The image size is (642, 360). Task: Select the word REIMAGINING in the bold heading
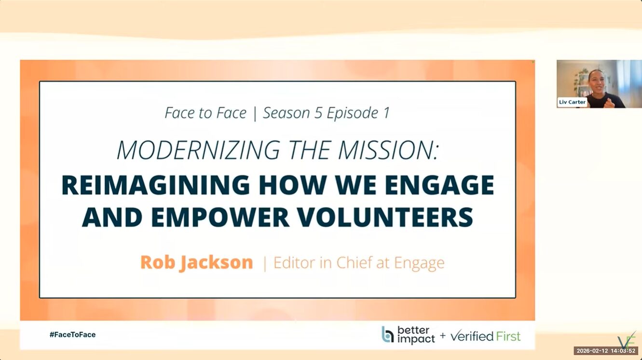coord(156,185)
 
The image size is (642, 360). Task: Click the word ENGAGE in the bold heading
coord(439,185)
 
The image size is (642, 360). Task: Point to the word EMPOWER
coord(220,217)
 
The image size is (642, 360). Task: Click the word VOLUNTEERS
coord(385,217)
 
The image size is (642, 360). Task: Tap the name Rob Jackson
coord(197,263)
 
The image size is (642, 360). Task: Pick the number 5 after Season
coord(318,113)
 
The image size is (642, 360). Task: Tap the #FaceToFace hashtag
coord(72,334)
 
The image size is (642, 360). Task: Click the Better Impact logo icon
coord(387,334)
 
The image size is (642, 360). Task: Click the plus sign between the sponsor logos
coord(443,335)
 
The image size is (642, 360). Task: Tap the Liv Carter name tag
coord(572,102)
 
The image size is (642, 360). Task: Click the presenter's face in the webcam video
coord(598,83)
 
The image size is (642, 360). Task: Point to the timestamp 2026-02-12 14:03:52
coord(606,350)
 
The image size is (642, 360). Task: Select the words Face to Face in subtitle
coord(205,113)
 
